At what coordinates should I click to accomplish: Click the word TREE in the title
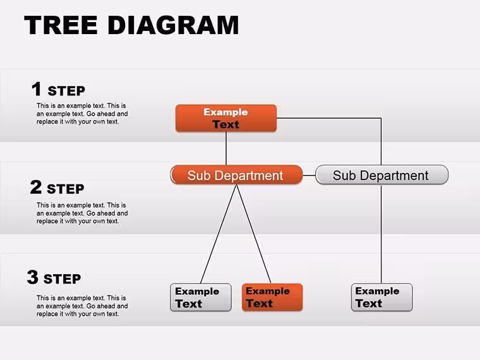click(61, 25)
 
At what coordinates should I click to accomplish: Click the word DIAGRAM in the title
click(173, 25)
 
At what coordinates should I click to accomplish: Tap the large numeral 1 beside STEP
click(37, 89)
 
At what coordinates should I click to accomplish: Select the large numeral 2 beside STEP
click(36, 187)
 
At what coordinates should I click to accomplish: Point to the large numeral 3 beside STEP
click(32, 277)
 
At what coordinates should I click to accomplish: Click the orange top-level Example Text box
click(226, 118)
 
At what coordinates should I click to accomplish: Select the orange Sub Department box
click(236, 175)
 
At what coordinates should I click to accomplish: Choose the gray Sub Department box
click(381, 175)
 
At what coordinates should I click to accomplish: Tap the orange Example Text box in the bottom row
click(272, 297)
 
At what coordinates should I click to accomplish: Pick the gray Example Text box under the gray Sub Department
click(381, 297)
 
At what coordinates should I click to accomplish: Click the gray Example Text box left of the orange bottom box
click(200, 297)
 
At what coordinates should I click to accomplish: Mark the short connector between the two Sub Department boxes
click(309, 176)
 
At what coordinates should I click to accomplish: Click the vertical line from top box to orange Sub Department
click(226, 148)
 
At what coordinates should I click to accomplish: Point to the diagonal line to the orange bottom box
click(253, 234)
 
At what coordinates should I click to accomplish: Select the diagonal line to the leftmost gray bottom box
click(219, 234)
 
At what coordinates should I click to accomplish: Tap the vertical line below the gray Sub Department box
click(381, 234)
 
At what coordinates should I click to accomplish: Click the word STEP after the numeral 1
click(66, 91)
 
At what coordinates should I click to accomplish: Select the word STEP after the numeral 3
click(62, 279)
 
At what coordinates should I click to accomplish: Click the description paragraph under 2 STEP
click(82, 213)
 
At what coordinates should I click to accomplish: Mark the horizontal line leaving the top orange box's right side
click(329, 118)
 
